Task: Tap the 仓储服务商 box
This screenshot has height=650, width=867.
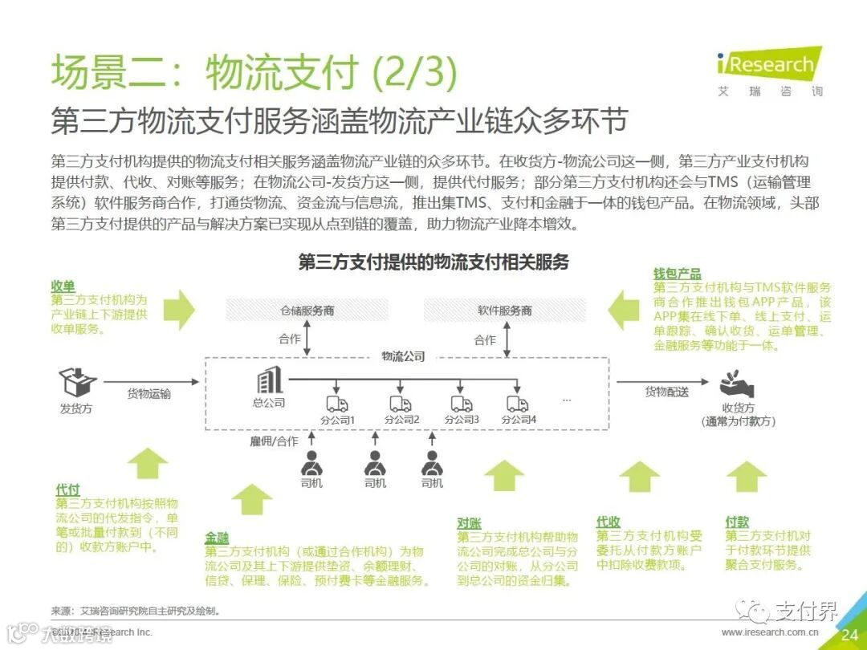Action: tap(307, 310)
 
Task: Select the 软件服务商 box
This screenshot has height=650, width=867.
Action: tap(504, 310)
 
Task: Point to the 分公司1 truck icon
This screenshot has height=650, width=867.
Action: tap(336, 404)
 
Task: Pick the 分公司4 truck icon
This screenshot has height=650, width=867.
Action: tap(518, 404)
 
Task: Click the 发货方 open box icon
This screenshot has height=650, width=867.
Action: tap(77, 381)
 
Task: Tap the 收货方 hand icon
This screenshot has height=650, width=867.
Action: tap(737, 381)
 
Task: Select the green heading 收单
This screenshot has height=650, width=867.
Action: tap(63, 286)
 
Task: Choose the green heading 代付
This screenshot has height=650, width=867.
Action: tap(67, 490)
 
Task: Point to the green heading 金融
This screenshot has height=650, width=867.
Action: tap(217, 538)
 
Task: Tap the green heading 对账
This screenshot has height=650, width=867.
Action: tap(470, 523)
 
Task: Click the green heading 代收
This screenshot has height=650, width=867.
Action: tap(609, 522)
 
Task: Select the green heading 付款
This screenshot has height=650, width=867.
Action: tap(737, 522)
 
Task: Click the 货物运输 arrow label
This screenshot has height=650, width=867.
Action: tap(149, 394)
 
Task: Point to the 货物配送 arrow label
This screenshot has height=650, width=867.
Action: tap(666, 392)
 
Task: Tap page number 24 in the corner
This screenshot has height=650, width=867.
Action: tap(849, 635)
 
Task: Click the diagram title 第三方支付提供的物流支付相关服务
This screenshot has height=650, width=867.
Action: tap(433, 262)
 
